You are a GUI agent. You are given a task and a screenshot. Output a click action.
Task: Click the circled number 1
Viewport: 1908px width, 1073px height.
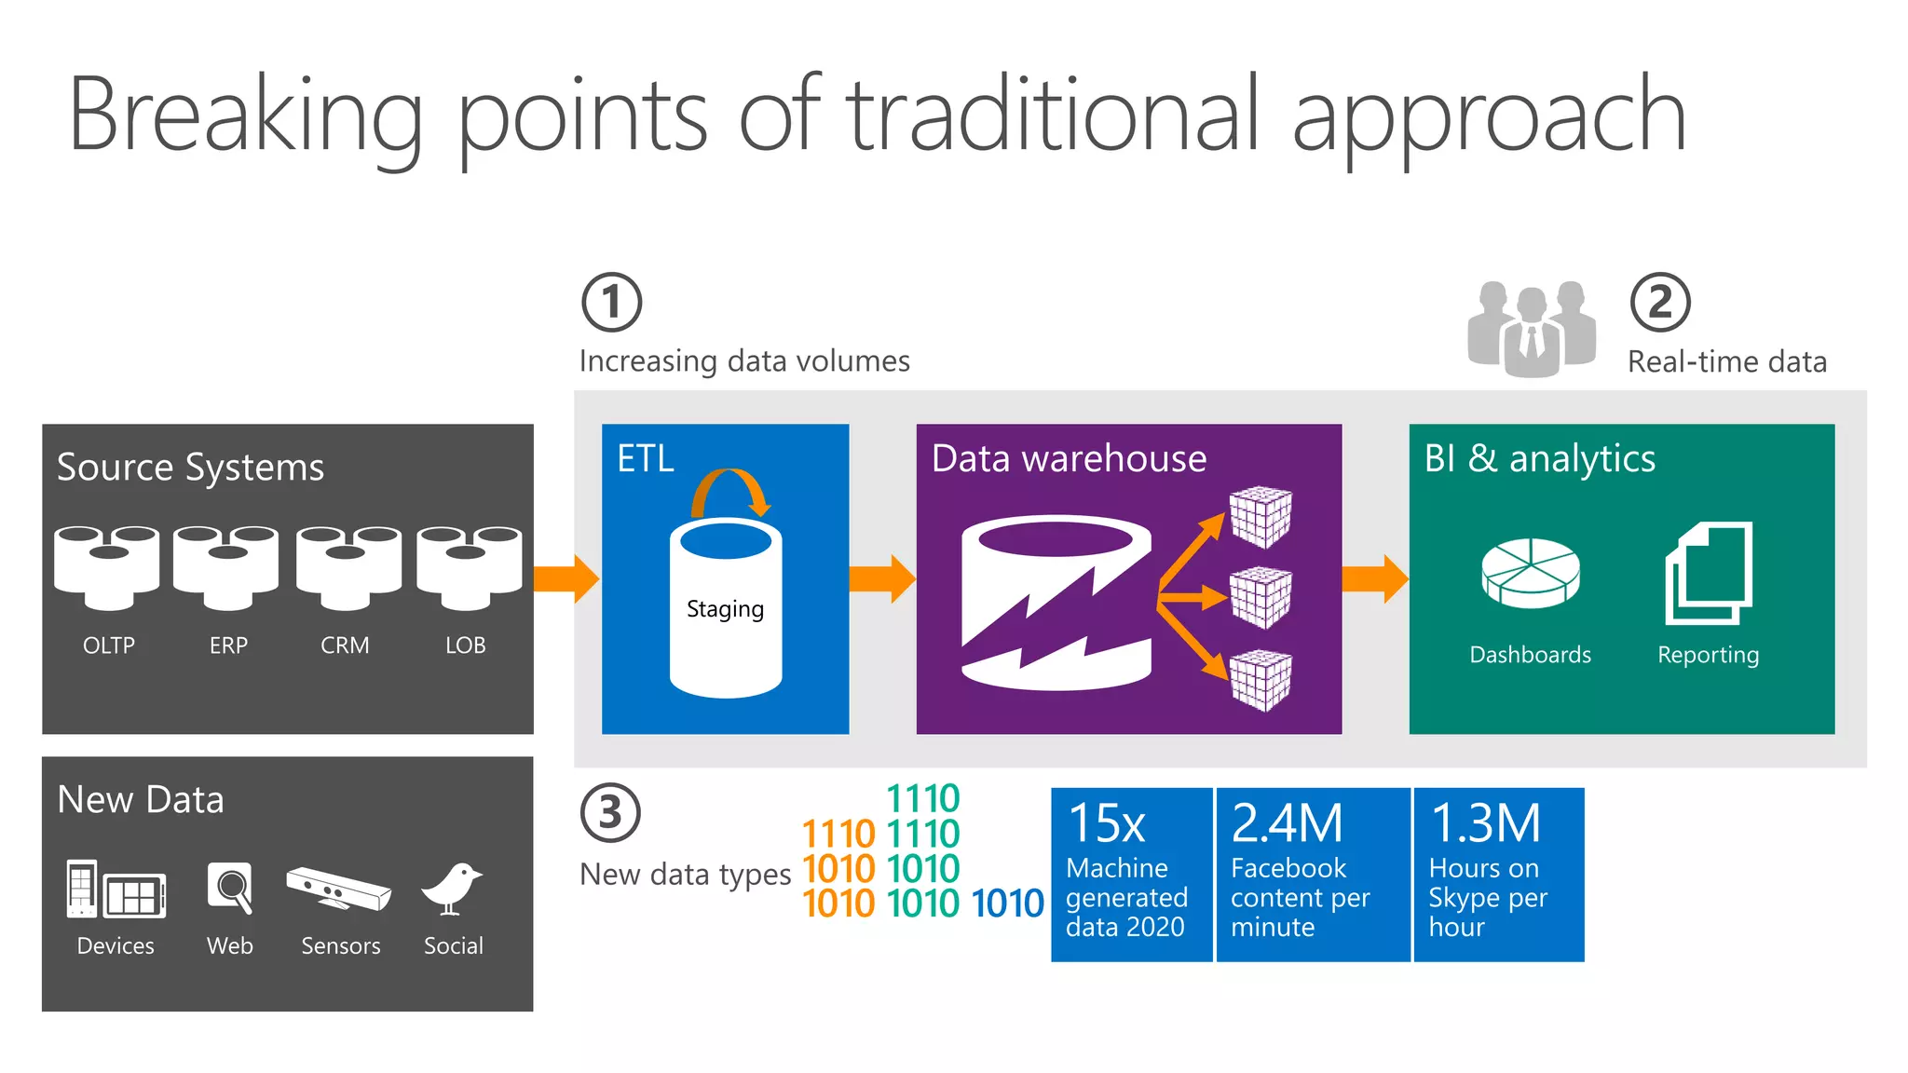click(611, 303)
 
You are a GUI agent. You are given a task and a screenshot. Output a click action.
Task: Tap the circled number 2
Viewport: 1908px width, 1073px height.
click(1659, 303)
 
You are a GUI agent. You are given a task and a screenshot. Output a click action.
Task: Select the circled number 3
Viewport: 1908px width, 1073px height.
click(610, 812)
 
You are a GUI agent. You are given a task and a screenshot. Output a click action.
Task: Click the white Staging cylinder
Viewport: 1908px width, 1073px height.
click(725, 610)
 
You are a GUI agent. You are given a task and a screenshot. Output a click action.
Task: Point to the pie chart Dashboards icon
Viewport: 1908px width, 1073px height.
click(1530, 574)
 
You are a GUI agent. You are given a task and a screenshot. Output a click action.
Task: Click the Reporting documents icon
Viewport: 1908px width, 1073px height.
click(1708, 573)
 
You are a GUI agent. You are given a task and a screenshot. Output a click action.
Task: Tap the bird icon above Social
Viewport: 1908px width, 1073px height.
click(453, 890)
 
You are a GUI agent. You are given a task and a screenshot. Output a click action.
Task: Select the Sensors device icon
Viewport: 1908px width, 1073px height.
click(339, 889)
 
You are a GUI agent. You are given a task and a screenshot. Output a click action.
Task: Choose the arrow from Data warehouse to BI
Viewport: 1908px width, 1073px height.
click(1374, 578)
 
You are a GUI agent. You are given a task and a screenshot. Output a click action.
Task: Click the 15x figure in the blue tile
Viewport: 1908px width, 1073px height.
click(1107, 823)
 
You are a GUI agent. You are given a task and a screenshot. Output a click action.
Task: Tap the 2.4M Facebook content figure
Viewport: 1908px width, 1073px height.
click(1287, 823)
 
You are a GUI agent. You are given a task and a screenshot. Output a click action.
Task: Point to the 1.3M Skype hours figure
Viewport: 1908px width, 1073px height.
click(1485, 823)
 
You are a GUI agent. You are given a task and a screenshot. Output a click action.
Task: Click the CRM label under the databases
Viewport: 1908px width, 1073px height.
click(345, 645)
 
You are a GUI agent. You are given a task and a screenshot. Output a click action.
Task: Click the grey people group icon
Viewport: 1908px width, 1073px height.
click(1531, 329)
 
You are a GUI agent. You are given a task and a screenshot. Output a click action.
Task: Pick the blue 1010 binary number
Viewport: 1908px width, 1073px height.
click(1007, 903)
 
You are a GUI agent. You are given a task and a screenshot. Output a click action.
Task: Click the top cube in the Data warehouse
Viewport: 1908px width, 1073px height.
click(1261, 517)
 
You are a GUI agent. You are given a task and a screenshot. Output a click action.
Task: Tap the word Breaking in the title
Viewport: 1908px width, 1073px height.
click(244, 116)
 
